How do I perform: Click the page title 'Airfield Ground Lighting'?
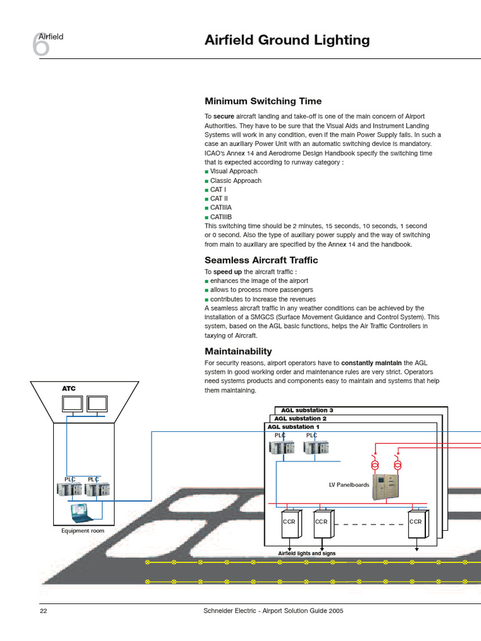click(x=287, y=41)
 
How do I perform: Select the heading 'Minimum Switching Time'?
click(x=263, y=101)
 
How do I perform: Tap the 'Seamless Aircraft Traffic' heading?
click(x=261, y=260)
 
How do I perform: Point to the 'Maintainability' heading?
click(x=238, y=351)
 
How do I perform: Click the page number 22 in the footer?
click(x=43, y=611)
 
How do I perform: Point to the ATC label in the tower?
click(x=68, y=389)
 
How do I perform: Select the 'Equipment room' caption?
click(x=83, y=531)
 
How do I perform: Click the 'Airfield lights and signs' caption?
click(x=307, y=553)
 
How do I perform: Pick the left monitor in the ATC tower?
click(x=72, y=404)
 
